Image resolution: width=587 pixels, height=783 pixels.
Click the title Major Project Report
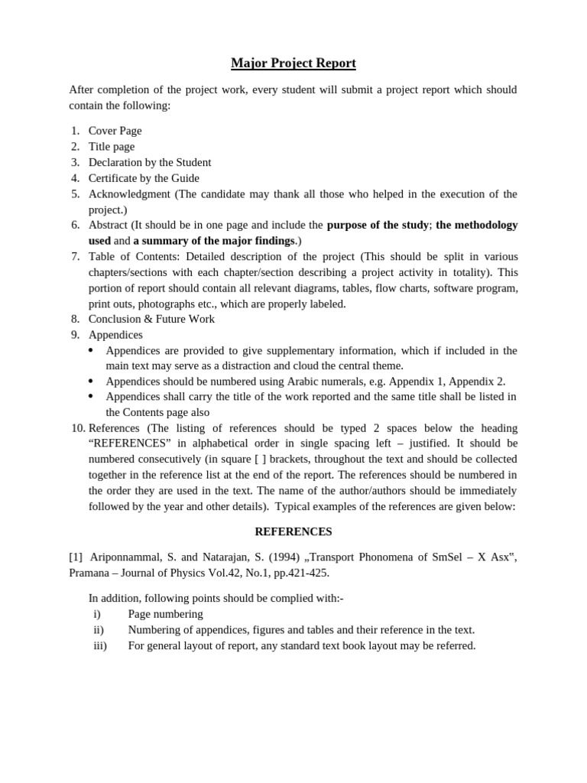pos(293,63)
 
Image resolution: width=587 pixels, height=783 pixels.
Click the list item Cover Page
pos(115,131)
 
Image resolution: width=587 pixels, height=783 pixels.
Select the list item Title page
pos(112,147)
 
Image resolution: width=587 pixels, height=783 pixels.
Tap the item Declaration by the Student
pos(150,162)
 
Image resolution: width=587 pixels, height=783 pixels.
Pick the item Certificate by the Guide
pos(144,178)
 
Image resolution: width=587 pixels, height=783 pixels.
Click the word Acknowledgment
pos(129,193)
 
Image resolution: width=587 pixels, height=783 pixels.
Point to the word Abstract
pos(108,225)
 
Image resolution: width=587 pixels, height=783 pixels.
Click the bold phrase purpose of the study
pos(378,225)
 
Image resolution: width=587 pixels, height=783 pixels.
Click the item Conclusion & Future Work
pos(151,319)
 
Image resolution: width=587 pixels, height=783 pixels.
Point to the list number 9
pos(75,335)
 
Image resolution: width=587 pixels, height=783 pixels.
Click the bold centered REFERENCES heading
pos(293,531)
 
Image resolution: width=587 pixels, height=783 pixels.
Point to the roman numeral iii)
pos(100,645)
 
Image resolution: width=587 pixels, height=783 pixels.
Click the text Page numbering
pos(166,614)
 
